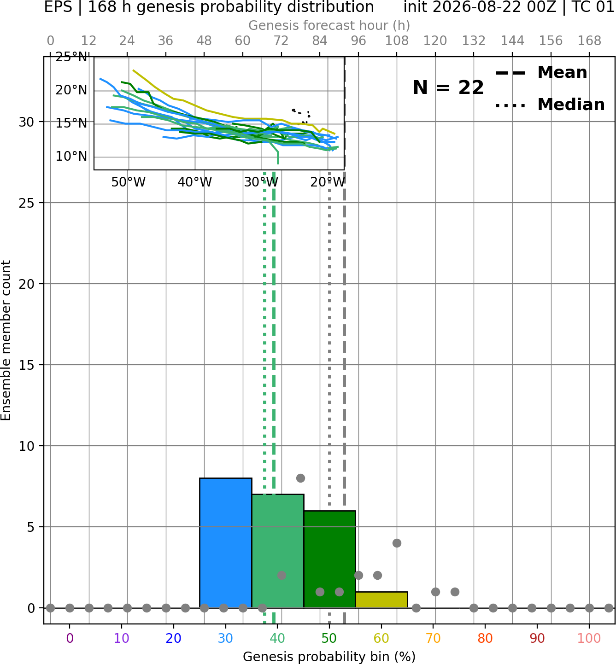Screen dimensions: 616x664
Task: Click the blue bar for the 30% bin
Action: [225, 542]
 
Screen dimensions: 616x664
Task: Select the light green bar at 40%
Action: [278, 551]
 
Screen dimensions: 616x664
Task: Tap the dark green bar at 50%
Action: [329, 559]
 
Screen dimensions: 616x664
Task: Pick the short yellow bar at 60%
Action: [381, 600]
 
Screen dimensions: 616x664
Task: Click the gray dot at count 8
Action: [300, 478]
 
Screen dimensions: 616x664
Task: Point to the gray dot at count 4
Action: [397, 543]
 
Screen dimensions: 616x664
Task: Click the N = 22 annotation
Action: [448, 87]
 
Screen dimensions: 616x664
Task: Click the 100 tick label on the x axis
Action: [589, 639]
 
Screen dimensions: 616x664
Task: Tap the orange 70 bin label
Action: [433, 639]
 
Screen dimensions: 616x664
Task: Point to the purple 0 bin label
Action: [70, 639]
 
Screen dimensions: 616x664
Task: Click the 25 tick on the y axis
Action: [26, 203]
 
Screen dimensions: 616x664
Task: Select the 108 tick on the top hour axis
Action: [397, 41]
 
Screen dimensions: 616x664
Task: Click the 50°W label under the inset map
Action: [129, 182]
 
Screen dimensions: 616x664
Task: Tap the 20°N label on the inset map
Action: [71, 90]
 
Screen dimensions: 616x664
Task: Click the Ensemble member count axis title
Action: [6, 340]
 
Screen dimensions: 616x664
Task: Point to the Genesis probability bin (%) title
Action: [329, 657]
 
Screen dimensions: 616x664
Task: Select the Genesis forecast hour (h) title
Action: [329, 25]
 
